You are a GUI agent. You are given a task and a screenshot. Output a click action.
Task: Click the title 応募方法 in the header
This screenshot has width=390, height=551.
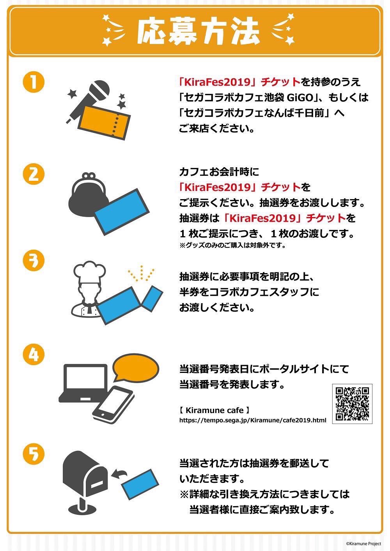click(x=198, y=31)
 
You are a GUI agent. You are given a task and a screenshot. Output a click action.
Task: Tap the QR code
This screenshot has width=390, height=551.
click(x=352, y=404)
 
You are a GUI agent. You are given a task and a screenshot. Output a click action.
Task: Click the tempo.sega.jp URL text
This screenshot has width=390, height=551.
click(x=253, y=420)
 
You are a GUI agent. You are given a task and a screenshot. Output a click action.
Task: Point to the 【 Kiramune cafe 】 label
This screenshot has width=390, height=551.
click(x=214, y=410)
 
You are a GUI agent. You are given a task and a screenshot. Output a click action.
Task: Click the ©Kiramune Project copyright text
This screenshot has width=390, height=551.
click(x=363, y=544)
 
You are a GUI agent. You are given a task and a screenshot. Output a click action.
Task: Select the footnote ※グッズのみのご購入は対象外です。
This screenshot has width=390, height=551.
click(x=232, y=245)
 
